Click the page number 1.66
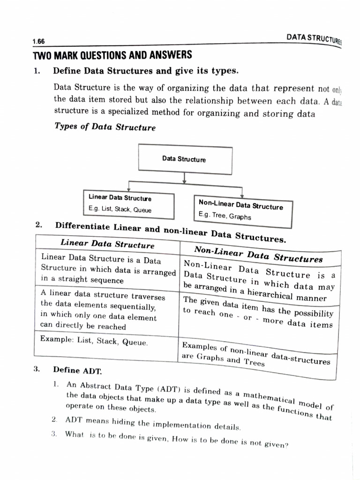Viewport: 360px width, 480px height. pos(38,42)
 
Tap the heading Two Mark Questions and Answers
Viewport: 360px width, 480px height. pos(112,55)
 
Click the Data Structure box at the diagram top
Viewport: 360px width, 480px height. pos(184,159)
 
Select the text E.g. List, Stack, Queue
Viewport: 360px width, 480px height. pos(120,210)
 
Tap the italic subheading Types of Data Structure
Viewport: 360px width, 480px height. pos(105,127)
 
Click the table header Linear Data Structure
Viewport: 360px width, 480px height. pos(107,244)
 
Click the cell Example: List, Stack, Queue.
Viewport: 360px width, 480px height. pos(94,341)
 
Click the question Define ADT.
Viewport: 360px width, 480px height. pos(77,370)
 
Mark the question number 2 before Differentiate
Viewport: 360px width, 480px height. pos(38,225)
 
